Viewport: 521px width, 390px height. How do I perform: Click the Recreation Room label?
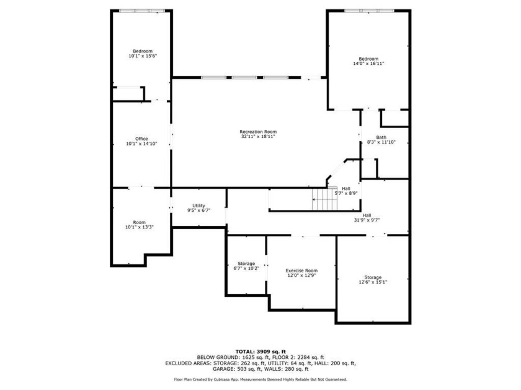click(x=258, y=132)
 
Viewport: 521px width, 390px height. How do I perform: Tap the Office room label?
click(x=141, y=139)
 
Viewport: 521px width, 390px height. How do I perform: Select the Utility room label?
click(x=198, y=206)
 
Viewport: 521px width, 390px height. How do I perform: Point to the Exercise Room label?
click(x=301, y=271)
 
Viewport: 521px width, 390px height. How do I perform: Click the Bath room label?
click(x=381, y=137)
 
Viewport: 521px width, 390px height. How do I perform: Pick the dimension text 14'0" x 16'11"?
click(x=368, y=63)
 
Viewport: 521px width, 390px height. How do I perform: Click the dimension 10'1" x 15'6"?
click(x=143, y=56)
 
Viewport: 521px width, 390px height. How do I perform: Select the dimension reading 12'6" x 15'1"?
click(x=373, y=282)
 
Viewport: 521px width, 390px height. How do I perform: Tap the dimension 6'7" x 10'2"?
click(x=246, y=268)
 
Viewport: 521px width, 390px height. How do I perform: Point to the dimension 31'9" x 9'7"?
click(x=367, y=220)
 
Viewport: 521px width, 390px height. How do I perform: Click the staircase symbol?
click(x=324, y=199)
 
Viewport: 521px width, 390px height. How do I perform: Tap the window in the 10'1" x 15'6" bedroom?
click(x=142, y=11)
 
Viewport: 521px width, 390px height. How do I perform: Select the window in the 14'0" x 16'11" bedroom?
click(x=369, y=11)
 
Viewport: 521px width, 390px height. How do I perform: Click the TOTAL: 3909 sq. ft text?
click(x=260, y=352)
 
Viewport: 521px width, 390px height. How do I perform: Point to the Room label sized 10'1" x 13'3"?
click(x=140, y=222)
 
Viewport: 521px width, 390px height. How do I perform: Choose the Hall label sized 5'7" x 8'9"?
click(x=346, y=188)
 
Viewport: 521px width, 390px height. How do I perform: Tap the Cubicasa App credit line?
click(x=260, y=379)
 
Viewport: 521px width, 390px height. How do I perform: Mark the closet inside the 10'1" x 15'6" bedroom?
click(x=128, y=93)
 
